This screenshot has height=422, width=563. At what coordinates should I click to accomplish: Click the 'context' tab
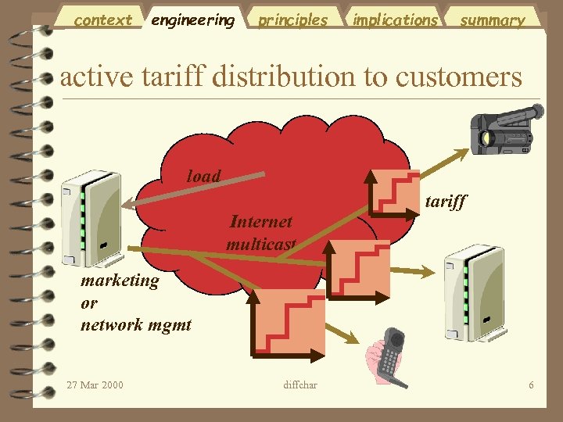tap(102, 20)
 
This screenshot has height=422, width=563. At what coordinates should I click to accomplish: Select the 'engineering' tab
tap(192, 20)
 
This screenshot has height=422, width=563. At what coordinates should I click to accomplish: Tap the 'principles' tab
tap(293, 20)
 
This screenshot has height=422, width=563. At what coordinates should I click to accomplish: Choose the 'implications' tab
tap(395, 20)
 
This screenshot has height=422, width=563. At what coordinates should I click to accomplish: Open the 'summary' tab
tap(492, 20)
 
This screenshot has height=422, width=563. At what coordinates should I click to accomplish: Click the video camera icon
tap(505, 130)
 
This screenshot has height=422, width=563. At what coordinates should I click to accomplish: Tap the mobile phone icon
tap(387, 357)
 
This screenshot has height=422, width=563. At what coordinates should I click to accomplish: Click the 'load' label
tap(203, 176)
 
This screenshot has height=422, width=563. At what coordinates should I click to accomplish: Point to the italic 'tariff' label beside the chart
tap(445, 202)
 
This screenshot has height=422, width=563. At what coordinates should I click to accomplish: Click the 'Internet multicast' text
tap(261, 233)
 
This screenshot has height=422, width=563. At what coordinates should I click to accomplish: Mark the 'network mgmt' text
tap(135, 324)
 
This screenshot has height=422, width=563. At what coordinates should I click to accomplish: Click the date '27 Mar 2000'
tap(95, 384)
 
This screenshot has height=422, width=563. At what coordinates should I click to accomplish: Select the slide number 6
tap(531, 384)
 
